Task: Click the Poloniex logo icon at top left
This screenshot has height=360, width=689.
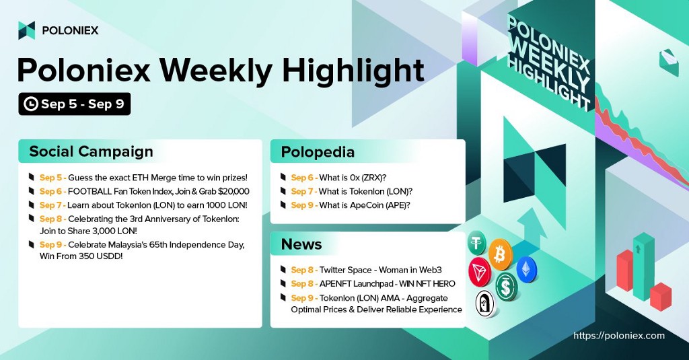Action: pos(26,30)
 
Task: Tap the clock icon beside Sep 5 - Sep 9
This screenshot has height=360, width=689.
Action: pos(31,104)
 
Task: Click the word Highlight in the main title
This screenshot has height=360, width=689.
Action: pos(353,71)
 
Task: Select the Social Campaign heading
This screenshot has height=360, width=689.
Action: pos(91,151)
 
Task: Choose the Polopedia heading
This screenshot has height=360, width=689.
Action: pos(318,152)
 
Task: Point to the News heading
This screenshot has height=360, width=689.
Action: pos(301,244)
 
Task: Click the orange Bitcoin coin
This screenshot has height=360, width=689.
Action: pos(500,254)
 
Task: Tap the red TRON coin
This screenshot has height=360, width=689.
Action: pos(479,272)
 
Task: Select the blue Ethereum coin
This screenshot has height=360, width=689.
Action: pos(526,269)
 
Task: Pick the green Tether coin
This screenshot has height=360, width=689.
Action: pos(477,242)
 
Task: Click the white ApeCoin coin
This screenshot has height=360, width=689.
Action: pos(486,303)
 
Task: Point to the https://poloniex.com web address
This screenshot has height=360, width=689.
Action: pos(619,336)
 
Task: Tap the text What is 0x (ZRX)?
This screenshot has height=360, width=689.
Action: pos(353,178)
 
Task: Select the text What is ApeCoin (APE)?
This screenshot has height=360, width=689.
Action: pos(364,205)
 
